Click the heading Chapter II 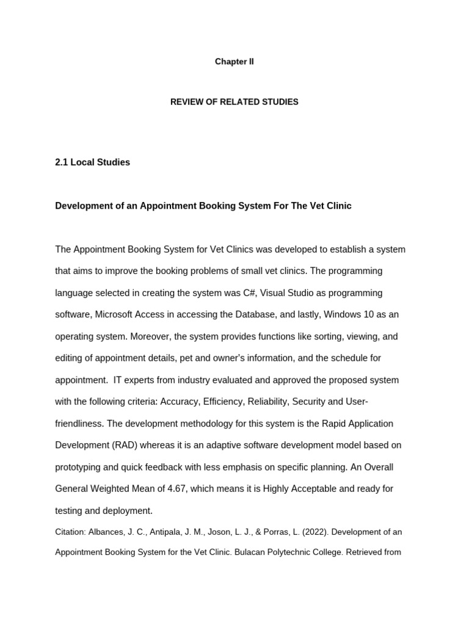(x=234, y=62)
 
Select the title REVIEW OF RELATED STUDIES (x=234, y=102)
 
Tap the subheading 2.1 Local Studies (x=92, y=162)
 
